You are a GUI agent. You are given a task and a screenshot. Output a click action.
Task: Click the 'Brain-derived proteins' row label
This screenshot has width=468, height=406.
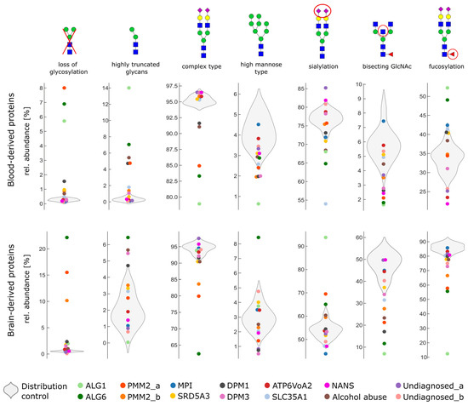pyautogui.click(x=11, y=295)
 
